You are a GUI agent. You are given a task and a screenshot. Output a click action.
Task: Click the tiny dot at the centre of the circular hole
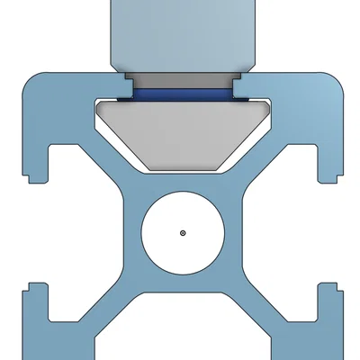tap(182, 232)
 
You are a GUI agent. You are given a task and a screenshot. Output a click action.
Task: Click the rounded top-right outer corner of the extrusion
tap(338, 81)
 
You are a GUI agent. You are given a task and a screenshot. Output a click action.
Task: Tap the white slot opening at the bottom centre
tap(182, 328)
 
